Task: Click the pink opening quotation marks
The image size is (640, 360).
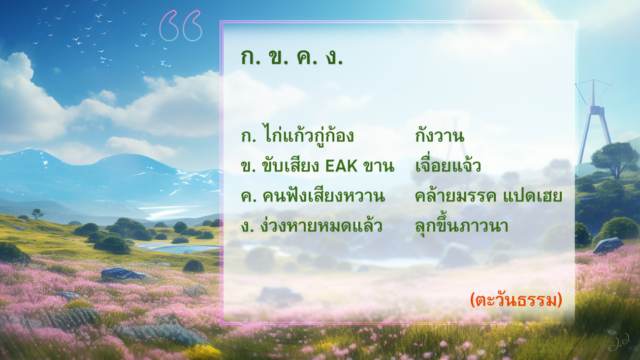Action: click(x=181, y=26)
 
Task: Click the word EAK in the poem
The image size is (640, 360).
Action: click(x=342, y=166)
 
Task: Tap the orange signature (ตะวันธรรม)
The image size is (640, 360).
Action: click(x=516, y=300)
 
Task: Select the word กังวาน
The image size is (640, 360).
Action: click(x=440, y=136)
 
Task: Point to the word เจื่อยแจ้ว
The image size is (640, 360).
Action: click(x=448, y=165)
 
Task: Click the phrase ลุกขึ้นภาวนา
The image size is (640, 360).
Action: click(x=461, y=226)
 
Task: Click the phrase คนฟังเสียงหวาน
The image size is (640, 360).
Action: click(x=323, y=195)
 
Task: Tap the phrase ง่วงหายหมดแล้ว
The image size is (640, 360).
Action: click(x=321, y=225)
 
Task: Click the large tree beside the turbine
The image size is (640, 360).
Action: click(x=615, y=160)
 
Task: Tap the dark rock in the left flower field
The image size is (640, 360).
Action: click(x=125, y=274)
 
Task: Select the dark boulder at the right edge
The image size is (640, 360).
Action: click(x=608, y=246)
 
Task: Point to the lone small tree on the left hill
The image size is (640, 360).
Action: click(x=37, y=213)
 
